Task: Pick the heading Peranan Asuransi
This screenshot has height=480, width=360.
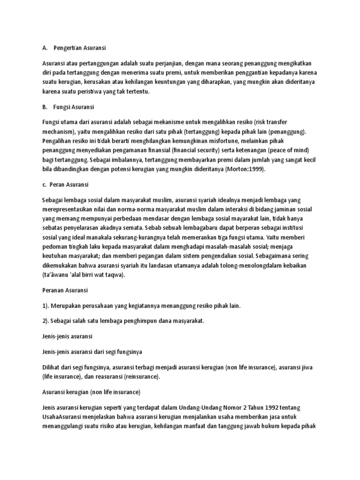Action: pyautogui.click(x=65, y=291)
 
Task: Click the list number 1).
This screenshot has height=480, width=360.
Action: pyautogui.click(x=46, y=306)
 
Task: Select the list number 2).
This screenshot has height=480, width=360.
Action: pyautogui.click(x=46, y=321)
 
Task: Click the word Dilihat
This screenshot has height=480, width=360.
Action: pyautogui.click(x=52, y=367)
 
